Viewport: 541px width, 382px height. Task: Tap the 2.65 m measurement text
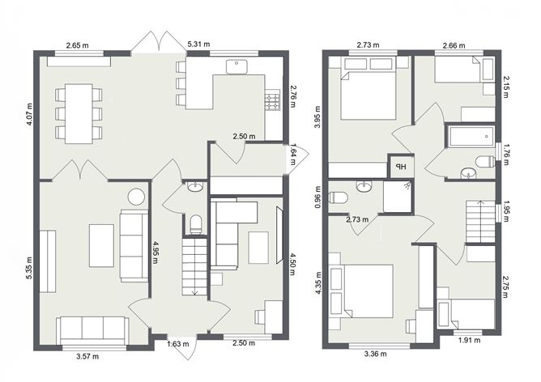tap(78, 45)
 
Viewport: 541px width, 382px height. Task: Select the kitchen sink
tap(237, 66)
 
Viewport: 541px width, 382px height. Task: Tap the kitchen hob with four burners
tap(272, 101)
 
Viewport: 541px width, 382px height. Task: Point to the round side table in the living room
tap(135, 196)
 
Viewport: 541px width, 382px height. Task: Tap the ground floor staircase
tap(194, 264)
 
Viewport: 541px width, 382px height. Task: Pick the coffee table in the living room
tap(102, 245)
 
